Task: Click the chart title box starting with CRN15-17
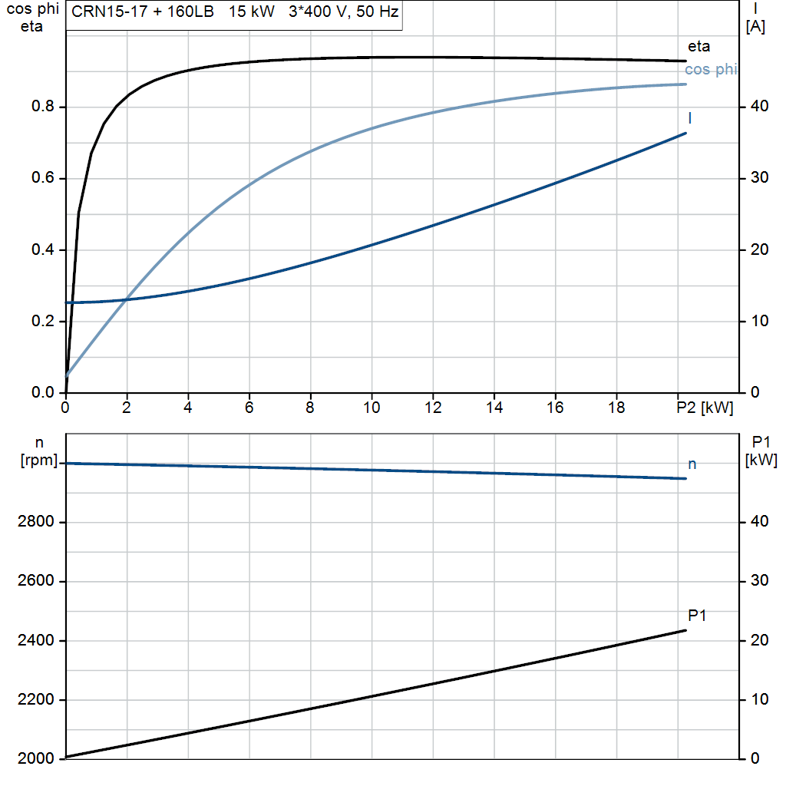(234, 15)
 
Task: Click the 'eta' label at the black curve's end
(698, 47)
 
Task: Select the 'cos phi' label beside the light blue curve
(711, 69)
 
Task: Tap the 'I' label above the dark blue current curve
(690, 118)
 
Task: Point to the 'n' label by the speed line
(692, 464)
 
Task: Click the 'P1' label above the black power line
(697, 615)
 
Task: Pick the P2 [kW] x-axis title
(705, 408)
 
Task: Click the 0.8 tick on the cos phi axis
(43, 106)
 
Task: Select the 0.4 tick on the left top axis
(43, 249)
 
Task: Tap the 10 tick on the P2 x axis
(372, 408)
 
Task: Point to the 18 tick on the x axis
(616, 408)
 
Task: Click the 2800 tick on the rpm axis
(35, 522)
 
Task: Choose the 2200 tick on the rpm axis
(35, 700)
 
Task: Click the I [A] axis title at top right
(755, 18)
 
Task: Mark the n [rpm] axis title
(39, 451)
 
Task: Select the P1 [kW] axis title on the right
(761, 451)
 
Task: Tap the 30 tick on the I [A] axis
(759, 178)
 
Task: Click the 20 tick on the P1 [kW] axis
(759, 640)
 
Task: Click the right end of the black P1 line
(685, 631)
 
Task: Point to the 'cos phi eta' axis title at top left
(32, 18)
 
